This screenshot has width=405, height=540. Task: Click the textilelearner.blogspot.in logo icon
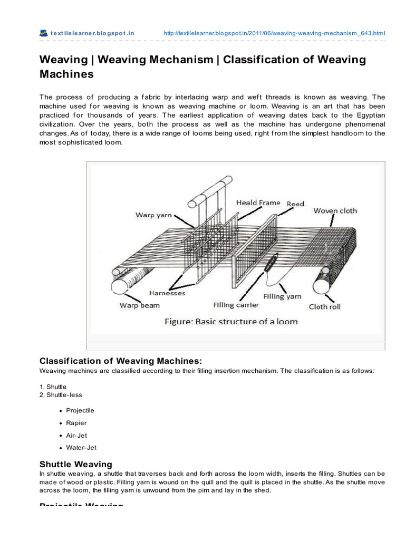[44, 33]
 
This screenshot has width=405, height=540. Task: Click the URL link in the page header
[274, 33]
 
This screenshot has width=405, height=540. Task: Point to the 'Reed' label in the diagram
[295, 204]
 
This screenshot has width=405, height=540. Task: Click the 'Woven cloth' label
[335, 210]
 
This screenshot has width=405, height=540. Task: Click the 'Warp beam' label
[140, 305]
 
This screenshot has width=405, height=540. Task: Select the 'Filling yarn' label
[283, 296]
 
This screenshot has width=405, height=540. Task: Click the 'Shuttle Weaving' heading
[76, 464]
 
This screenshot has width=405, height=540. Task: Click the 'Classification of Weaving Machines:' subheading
[121, 361]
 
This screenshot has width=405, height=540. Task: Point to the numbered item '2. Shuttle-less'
[61, 394]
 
